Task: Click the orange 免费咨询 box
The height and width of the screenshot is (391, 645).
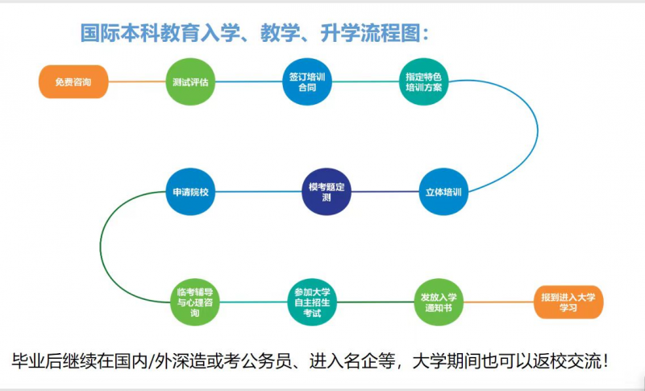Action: (73, 81)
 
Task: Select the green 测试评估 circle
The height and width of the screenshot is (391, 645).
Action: (190, 81)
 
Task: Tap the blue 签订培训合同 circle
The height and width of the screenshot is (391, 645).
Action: (307, 81)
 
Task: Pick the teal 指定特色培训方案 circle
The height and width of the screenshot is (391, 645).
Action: (424, 81)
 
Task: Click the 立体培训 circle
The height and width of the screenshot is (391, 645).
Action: (443, 192)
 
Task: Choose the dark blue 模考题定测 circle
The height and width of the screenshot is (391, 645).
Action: (327, 192)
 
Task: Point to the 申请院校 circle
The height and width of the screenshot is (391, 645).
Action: (190, 192)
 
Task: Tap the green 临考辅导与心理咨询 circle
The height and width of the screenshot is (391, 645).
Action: (195, 302)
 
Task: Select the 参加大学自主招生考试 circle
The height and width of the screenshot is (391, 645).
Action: (312, 302)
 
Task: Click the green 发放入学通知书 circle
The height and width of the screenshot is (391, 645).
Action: (439, 302)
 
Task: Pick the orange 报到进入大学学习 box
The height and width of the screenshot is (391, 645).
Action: (568, 302)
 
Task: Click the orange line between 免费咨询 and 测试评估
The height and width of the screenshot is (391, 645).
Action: (137, 81)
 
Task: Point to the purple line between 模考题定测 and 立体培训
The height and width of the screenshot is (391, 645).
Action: (385, 192)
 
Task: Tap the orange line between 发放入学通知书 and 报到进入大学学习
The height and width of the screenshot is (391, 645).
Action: (498, 302)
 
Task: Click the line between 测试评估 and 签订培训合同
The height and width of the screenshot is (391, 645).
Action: (248, 81)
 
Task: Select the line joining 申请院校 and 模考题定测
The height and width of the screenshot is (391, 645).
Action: (258, 192)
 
